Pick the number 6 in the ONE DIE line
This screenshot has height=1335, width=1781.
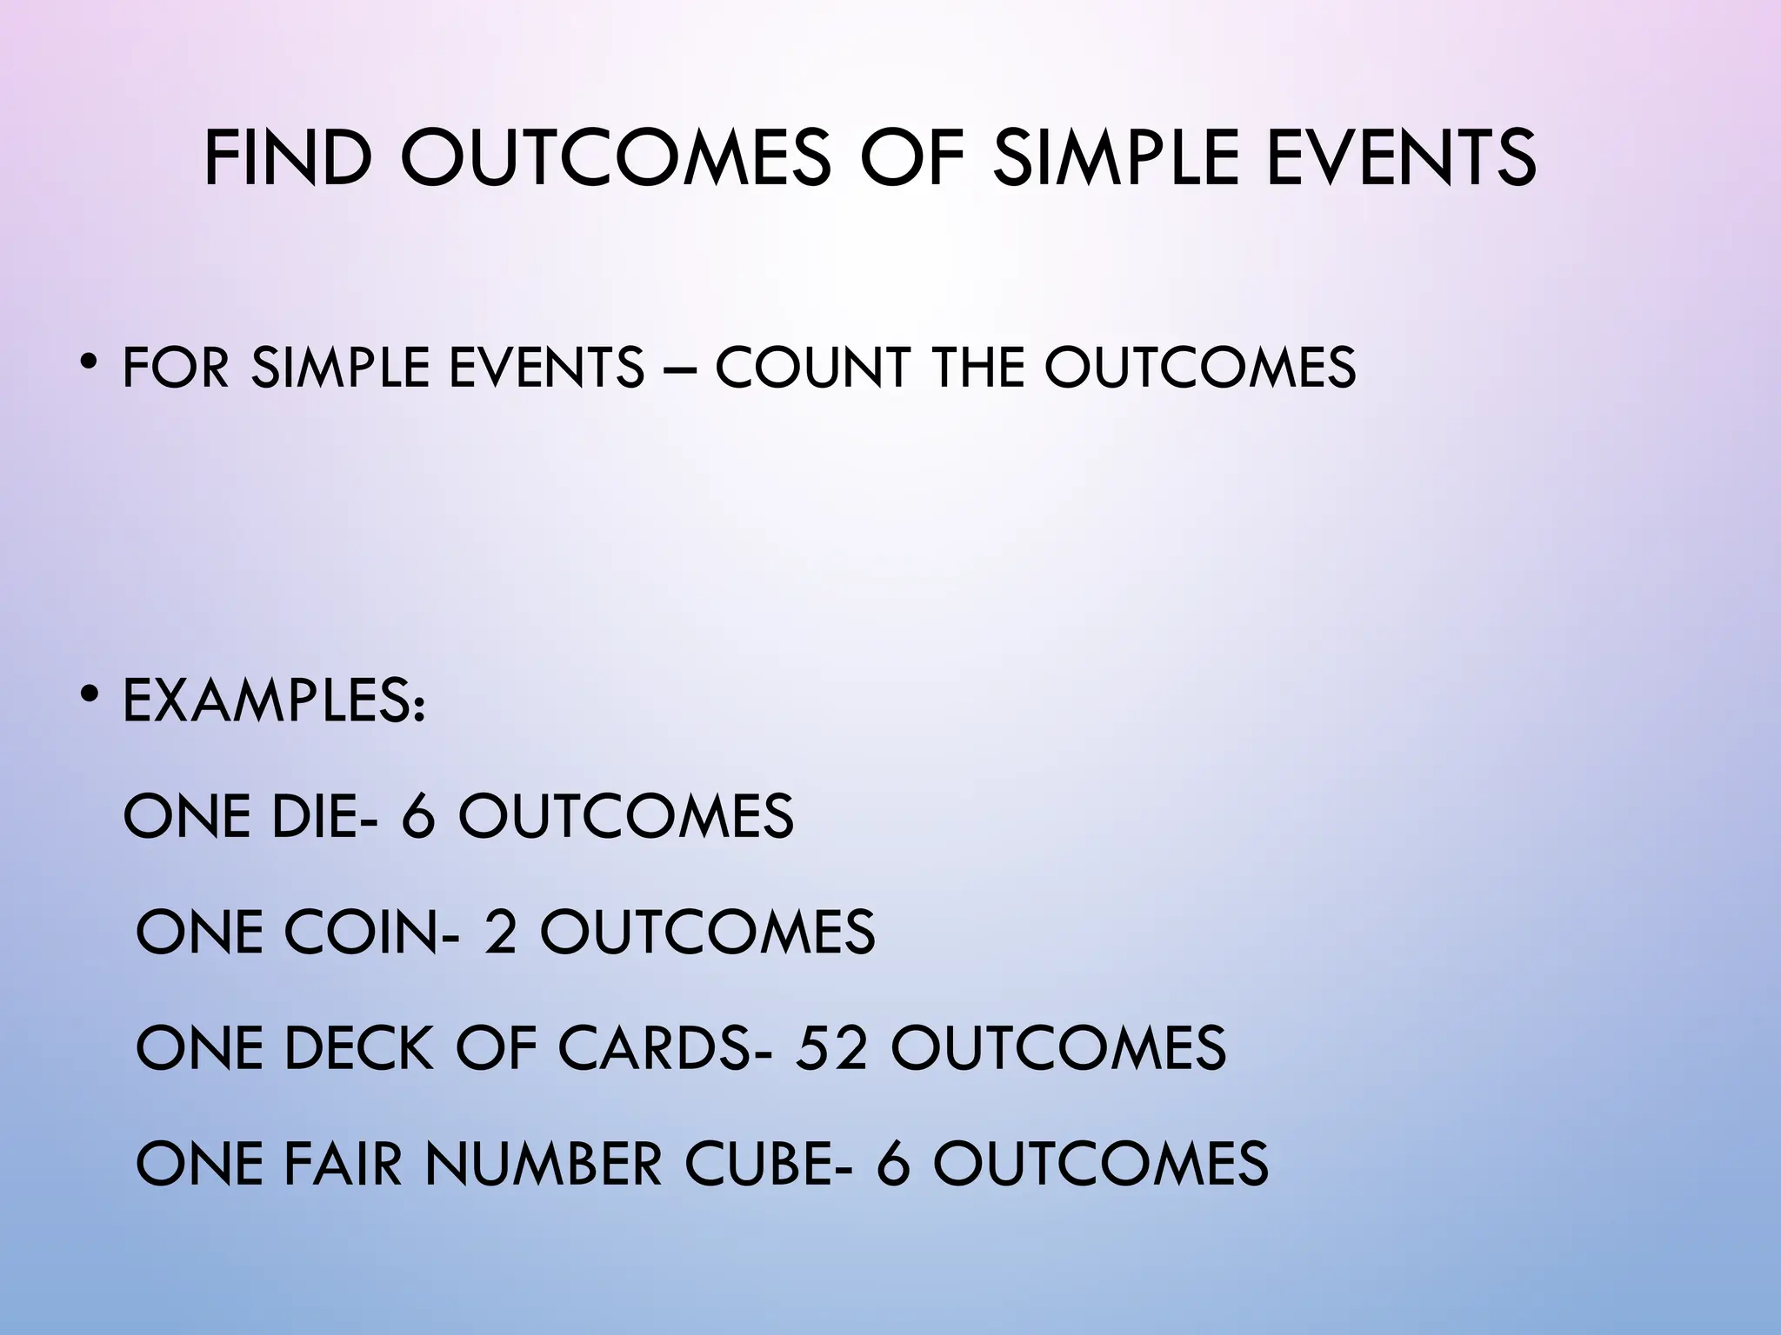pyautogui.click(x=418, y=816)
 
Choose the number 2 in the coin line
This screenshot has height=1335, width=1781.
pyautogui.click(x=500, y=932)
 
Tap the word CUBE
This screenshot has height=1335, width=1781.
pyautogui.click(x=754, y=1163)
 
